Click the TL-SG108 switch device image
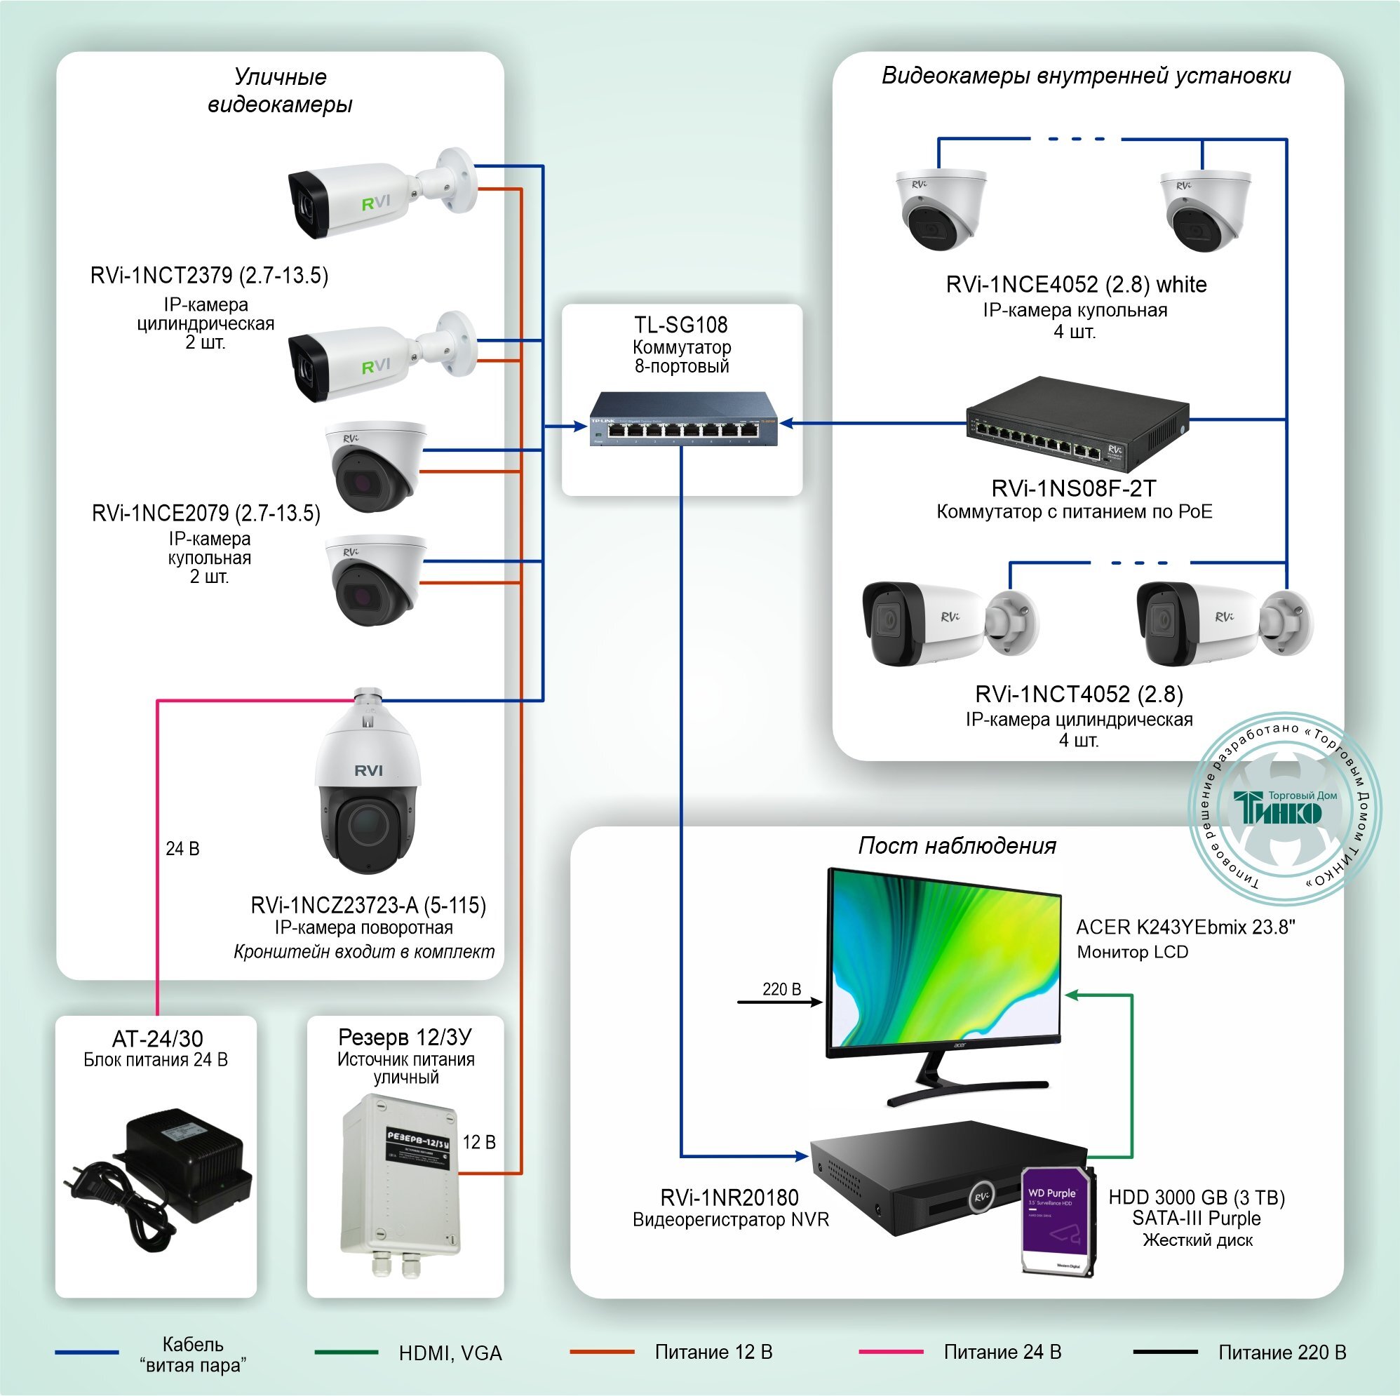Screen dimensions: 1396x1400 [x=682, y=420]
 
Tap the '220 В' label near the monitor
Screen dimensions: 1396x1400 [x=781, y=988]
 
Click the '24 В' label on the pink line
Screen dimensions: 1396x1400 [x=182, y=849]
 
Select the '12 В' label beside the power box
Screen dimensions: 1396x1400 [x=479, y=1142]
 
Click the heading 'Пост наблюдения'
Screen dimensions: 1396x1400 [x=957, y=845]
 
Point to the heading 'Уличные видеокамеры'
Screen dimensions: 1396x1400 [x=280, y=90]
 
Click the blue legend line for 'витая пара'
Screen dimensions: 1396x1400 [x=87, y=1353]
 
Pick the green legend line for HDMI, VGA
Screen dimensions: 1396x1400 [x=346, y=1353]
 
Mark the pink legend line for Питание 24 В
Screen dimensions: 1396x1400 [x=891, y=1353]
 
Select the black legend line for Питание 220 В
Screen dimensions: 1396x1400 [x=1165, y=1353]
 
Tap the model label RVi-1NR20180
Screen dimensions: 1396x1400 [x=729, y=1197]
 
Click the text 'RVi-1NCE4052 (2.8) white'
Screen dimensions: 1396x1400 [x=1076, y=284]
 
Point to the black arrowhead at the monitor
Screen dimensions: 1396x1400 [x=816, y=1002]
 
